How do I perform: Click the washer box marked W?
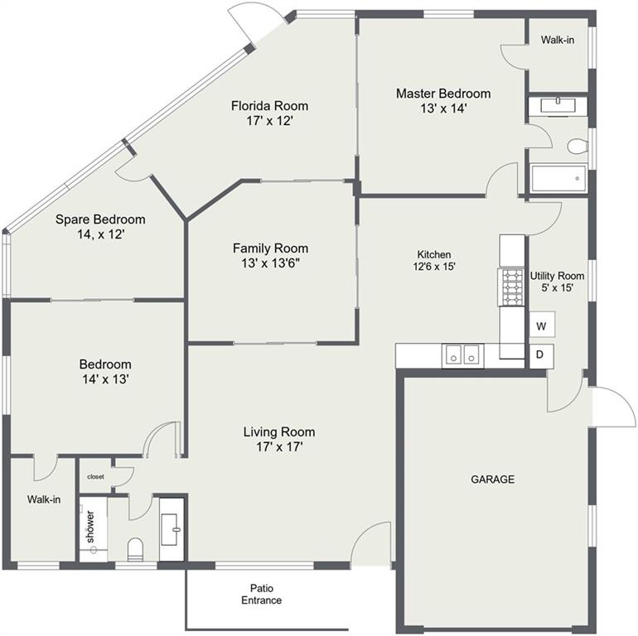[542, 325]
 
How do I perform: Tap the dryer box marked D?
[541, 356]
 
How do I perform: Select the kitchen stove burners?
[512, 287]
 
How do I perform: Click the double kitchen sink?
[462, 355]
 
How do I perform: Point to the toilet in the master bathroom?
[578, 147]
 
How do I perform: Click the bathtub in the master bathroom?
[558, 178]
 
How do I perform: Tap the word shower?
[90, 527]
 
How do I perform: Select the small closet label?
[95, 477]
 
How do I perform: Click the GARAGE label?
[493, 479]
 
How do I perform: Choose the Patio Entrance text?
[262, 594]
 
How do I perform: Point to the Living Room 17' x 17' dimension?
[279, 447]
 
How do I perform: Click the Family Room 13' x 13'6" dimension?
[271, 263]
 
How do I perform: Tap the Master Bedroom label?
[443, 94]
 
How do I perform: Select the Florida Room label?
[270, 106]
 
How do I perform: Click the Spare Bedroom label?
[100, 219]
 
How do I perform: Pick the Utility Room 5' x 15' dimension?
[557, 288]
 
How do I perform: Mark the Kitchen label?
[434, 254]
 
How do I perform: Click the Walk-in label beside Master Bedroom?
[558, 40]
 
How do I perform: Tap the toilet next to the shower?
[136, 549]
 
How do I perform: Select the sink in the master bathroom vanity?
[558, 106]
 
